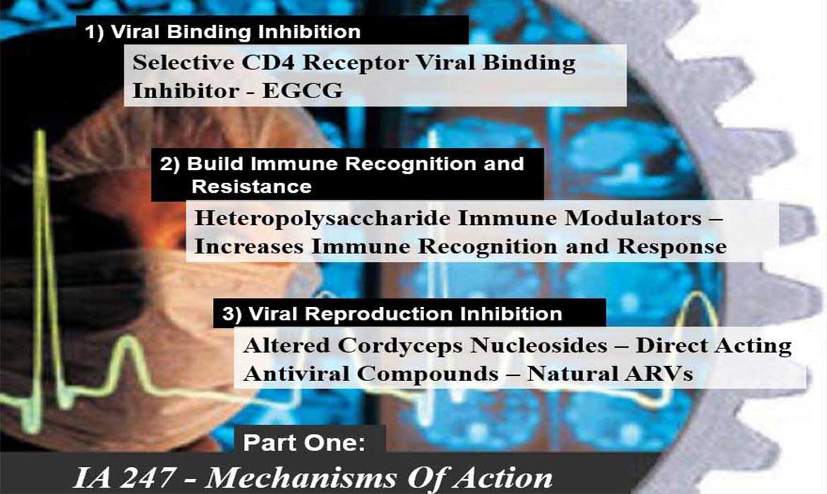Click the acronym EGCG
(x=303, y=90)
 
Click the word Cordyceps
(x=400, y=346)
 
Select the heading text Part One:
(x=305, y=442)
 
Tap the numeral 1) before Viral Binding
(x=95, y=32)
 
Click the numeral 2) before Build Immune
(x=170, y=164)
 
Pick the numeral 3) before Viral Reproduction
(x=232, y=314)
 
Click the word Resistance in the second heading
(x=252, y=186)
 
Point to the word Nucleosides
(x=539, y=346)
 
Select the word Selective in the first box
(x=183, y=62)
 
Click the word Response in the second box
(x=672, y=247)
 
